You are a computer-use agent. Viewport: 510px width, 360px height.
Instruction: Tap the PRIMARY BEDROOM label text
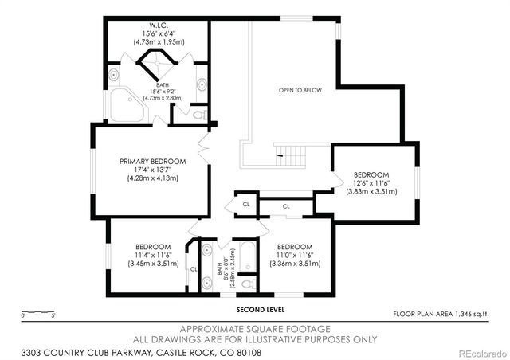153,161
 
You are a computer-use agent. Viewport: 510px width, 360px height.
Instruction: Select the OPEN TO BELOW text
300,90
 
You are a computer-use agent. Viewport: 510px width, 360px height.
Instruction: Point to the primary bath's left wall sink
115,76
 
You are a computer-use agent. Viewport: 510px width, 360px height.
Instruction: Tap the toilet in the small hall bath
248,283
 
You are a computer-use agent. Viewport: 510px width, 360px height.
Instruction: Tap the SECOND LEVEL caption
260,309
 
